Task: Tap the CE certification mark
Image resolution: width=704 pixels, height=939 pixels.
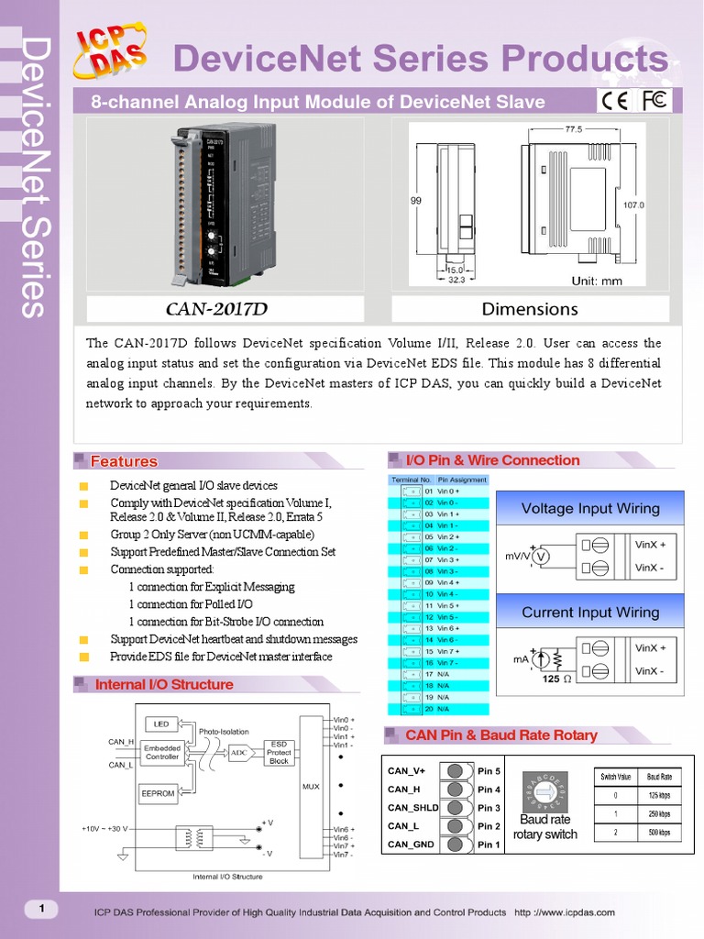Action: coord(613,101)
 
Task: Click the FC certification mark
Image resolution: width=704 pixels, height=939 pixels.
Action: coord(655,100)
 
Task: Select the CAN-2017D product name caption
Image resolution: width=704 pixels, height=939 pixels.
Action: coord(223,309)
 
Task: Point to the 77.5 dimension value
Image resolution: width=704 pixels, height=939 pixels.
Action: coord(574,129)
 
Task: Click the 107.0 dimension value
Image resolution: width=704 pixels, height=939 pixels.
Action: coord(633,205)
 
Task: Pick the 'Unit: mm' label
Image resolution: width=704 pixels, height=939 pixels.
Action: coord(597,281)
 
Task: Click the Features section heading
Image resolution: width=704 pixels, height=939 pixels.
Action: coord(124,461)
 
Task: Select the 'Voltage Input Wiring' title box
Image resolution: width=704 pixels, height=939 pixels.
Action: coord(589,508)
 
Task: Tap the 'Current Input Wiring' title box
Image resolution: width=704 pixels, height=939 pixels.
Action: coord(589,612)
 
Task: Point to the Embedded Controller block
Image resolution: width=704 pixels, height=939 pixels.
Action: coord(162,752)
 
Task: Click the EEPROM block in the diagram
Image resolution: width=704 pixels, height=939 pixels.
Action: coord(158,794)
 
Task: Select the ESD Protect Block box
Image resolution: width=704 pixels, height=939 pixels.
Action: coord(279,752)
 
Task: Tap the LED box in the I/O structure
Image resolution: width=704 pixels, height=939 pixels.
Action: coord(161,724)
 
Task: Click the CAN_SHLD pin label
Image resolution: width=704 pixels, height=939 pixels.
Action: coord(412,808)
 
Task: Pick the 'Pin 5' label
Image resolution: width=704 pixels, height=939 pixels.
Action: coord(489,771)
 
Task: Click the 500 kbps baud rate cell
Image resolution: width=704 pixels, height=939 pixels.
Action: coord(659,833)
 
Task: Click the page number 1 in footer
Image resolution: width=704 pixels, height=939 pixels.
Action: coord(40,909)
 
